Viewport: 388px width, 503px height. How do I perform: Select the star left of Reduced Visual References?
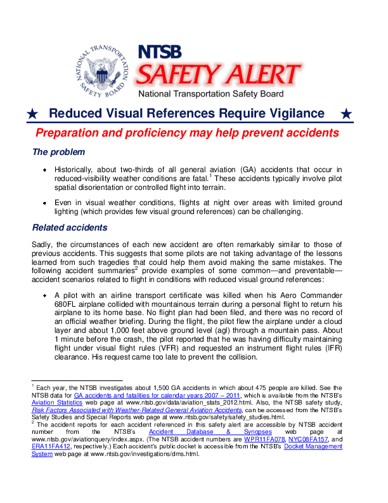pos(32,114)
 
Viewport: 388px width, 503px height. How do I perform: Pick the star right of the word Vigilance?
pos(346,114)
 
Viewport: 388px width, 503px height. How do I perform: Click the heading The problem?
pos(58,152)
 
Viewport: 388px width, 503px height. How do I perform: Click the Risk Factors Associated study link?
pos(136,410)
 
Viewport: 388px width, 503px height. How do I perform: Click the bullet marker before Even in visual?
pos(45,202)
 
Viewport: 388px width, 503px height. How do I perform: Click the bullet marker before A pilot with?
pos(45,295)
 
